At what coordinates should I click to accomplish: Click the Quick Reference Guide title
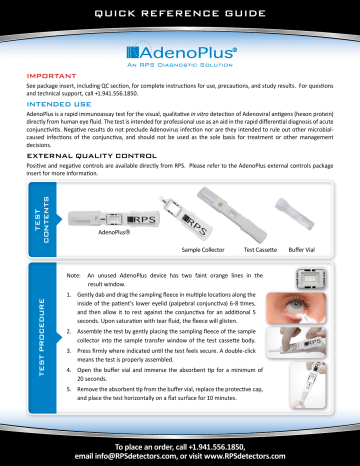click(x=180, y=12)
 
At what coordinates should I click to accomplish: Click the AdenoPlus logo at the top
click(x=180, y=48)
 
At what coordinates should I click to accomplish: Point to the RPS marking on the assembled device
click(x=141, y=215)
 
